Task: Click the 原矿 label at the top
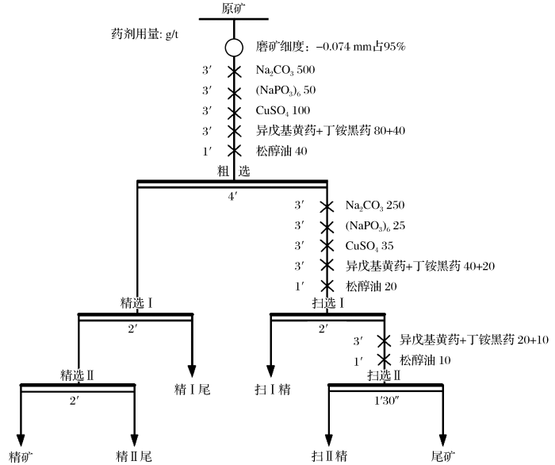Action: coord(234,9)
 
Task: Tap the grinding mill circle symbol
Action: coord(234,48)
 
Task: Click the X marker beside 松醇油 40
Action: coord(234,150)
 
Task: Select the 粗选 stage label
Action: coord(233,171)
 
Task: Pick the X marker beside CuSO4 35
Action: coord(326,246)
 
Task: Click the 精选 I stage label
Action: coord(136,303)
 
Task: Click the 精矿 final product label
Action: coord(19,456)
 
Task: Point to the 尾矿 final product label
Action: coord(442,456)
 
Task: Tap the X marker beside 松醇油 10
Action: coord(385,360)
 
